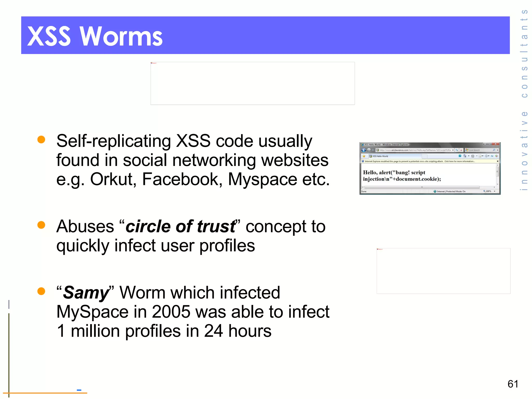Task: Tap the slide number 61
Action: click(513, 384)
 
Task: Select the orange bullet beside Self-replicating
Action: click(41, 139)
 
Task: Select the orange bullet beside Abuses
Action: click(41, 225)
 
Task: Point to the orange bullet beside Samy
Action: click(41, 291)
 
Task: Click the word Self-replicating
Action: click(114, 141)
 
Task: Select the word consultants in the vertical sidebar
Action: click(524, 53)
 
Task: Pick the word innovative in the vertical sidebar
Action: click(524, 151)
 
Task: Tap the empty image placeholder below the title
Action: click(252, 83)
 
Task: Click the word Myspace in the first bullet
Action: click(262, 179)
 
